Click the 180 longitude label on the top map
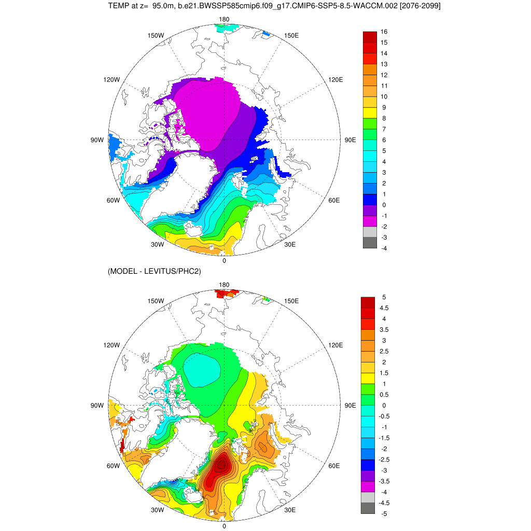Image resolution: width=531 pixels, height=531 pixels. (x=224, y=19)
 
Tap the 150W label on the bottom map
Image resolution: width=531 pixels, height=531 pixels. (x=156, y=301)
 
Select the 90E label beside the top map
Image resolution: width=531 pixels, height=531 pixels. (x=351, y=140)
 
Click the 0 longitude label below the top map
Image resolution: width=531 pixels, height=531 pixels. (x=224, y=261)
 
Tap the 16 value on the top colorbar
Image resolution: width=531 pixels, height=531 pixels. (x=384, y=32)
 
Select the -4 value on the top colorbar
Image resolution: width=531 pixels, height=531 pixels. (x=384, y=248)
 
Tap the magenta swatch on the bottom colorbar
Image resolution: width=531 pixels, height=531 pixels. (x=368, y=486)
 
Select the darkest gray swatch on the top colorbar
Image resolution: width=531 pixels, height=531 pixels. (x=370, y=243)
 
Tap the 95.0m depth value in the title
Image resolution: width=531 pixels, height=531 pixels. (x=165, y=6)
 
